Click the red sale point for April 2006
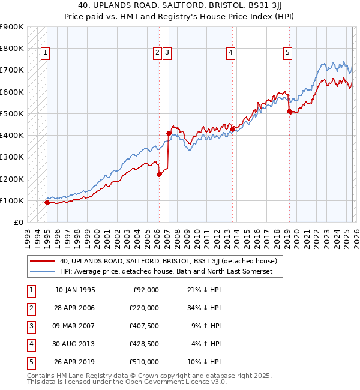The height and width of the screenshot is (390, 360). point(159,175)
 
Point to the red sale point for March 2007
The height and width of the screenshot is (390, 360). point(169,133)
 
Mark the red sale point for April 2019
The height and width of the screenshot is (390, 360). point(289,111)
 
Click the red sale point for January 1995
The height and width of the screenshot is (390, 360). point(47,202)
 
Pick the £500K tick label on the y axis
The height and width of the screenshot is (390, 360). point(12,113)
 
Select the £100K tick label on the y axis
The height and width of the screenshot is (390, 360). point(12,200)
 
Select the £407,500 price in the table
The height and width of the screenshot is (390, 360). point(143,326)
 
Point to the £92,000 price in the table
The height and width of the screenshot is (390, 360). point(146,290)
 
